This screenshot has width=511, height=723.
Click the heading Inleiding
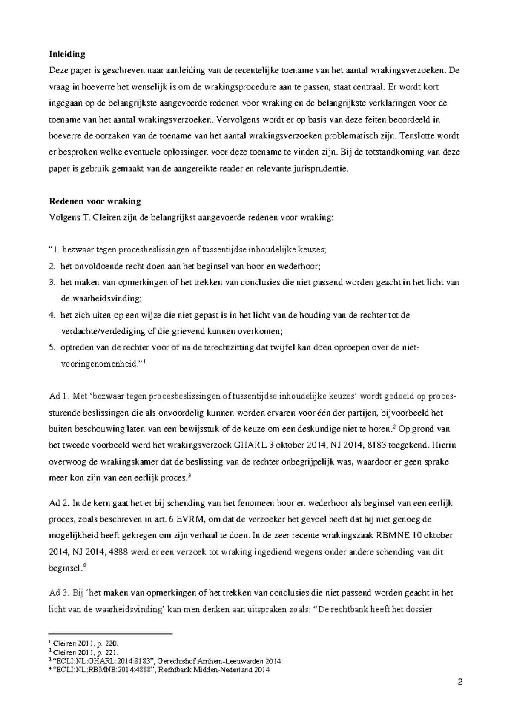[x=67, y=54]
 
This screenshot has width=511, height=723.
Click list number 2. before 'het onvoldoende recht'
[x=52, y=267]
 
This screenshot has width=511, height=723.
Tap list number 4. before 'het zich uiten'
[x=52, y=316]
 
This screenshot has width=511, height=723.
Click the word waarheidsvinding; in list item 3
[x=101, y=298]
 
